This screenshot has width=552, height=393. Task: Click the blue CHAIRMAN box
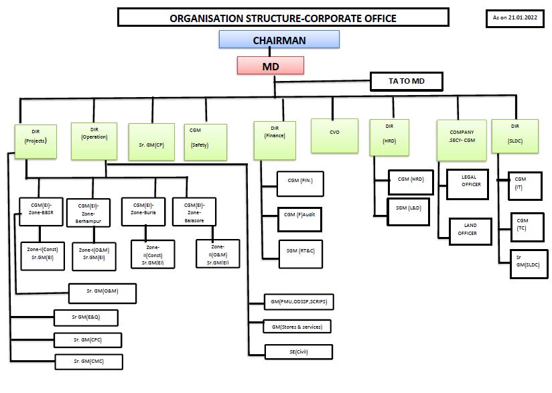[279, 40]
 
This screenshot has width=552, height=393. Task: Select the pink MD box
[271, 66]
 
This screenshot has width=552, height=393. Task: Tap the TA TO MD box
[407, 82]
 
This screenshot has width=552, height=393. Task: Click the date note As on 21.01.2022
[514, 18]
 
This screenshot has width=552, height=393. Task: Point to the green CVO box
[334, 133]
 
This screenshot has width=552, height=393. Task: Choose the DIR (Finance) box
[275, 139]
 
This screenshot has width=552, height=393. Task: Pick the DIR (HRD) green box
[389, 137]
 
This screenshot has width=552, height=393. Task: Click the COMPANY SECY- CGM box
[461, 139]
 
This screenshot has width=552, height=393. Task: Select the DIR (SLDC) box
[514, 139]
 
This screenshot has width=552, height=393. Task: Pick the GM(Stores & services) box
[297, 327]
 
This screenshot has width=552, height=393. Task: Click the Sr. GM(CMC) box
[88, 362]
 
